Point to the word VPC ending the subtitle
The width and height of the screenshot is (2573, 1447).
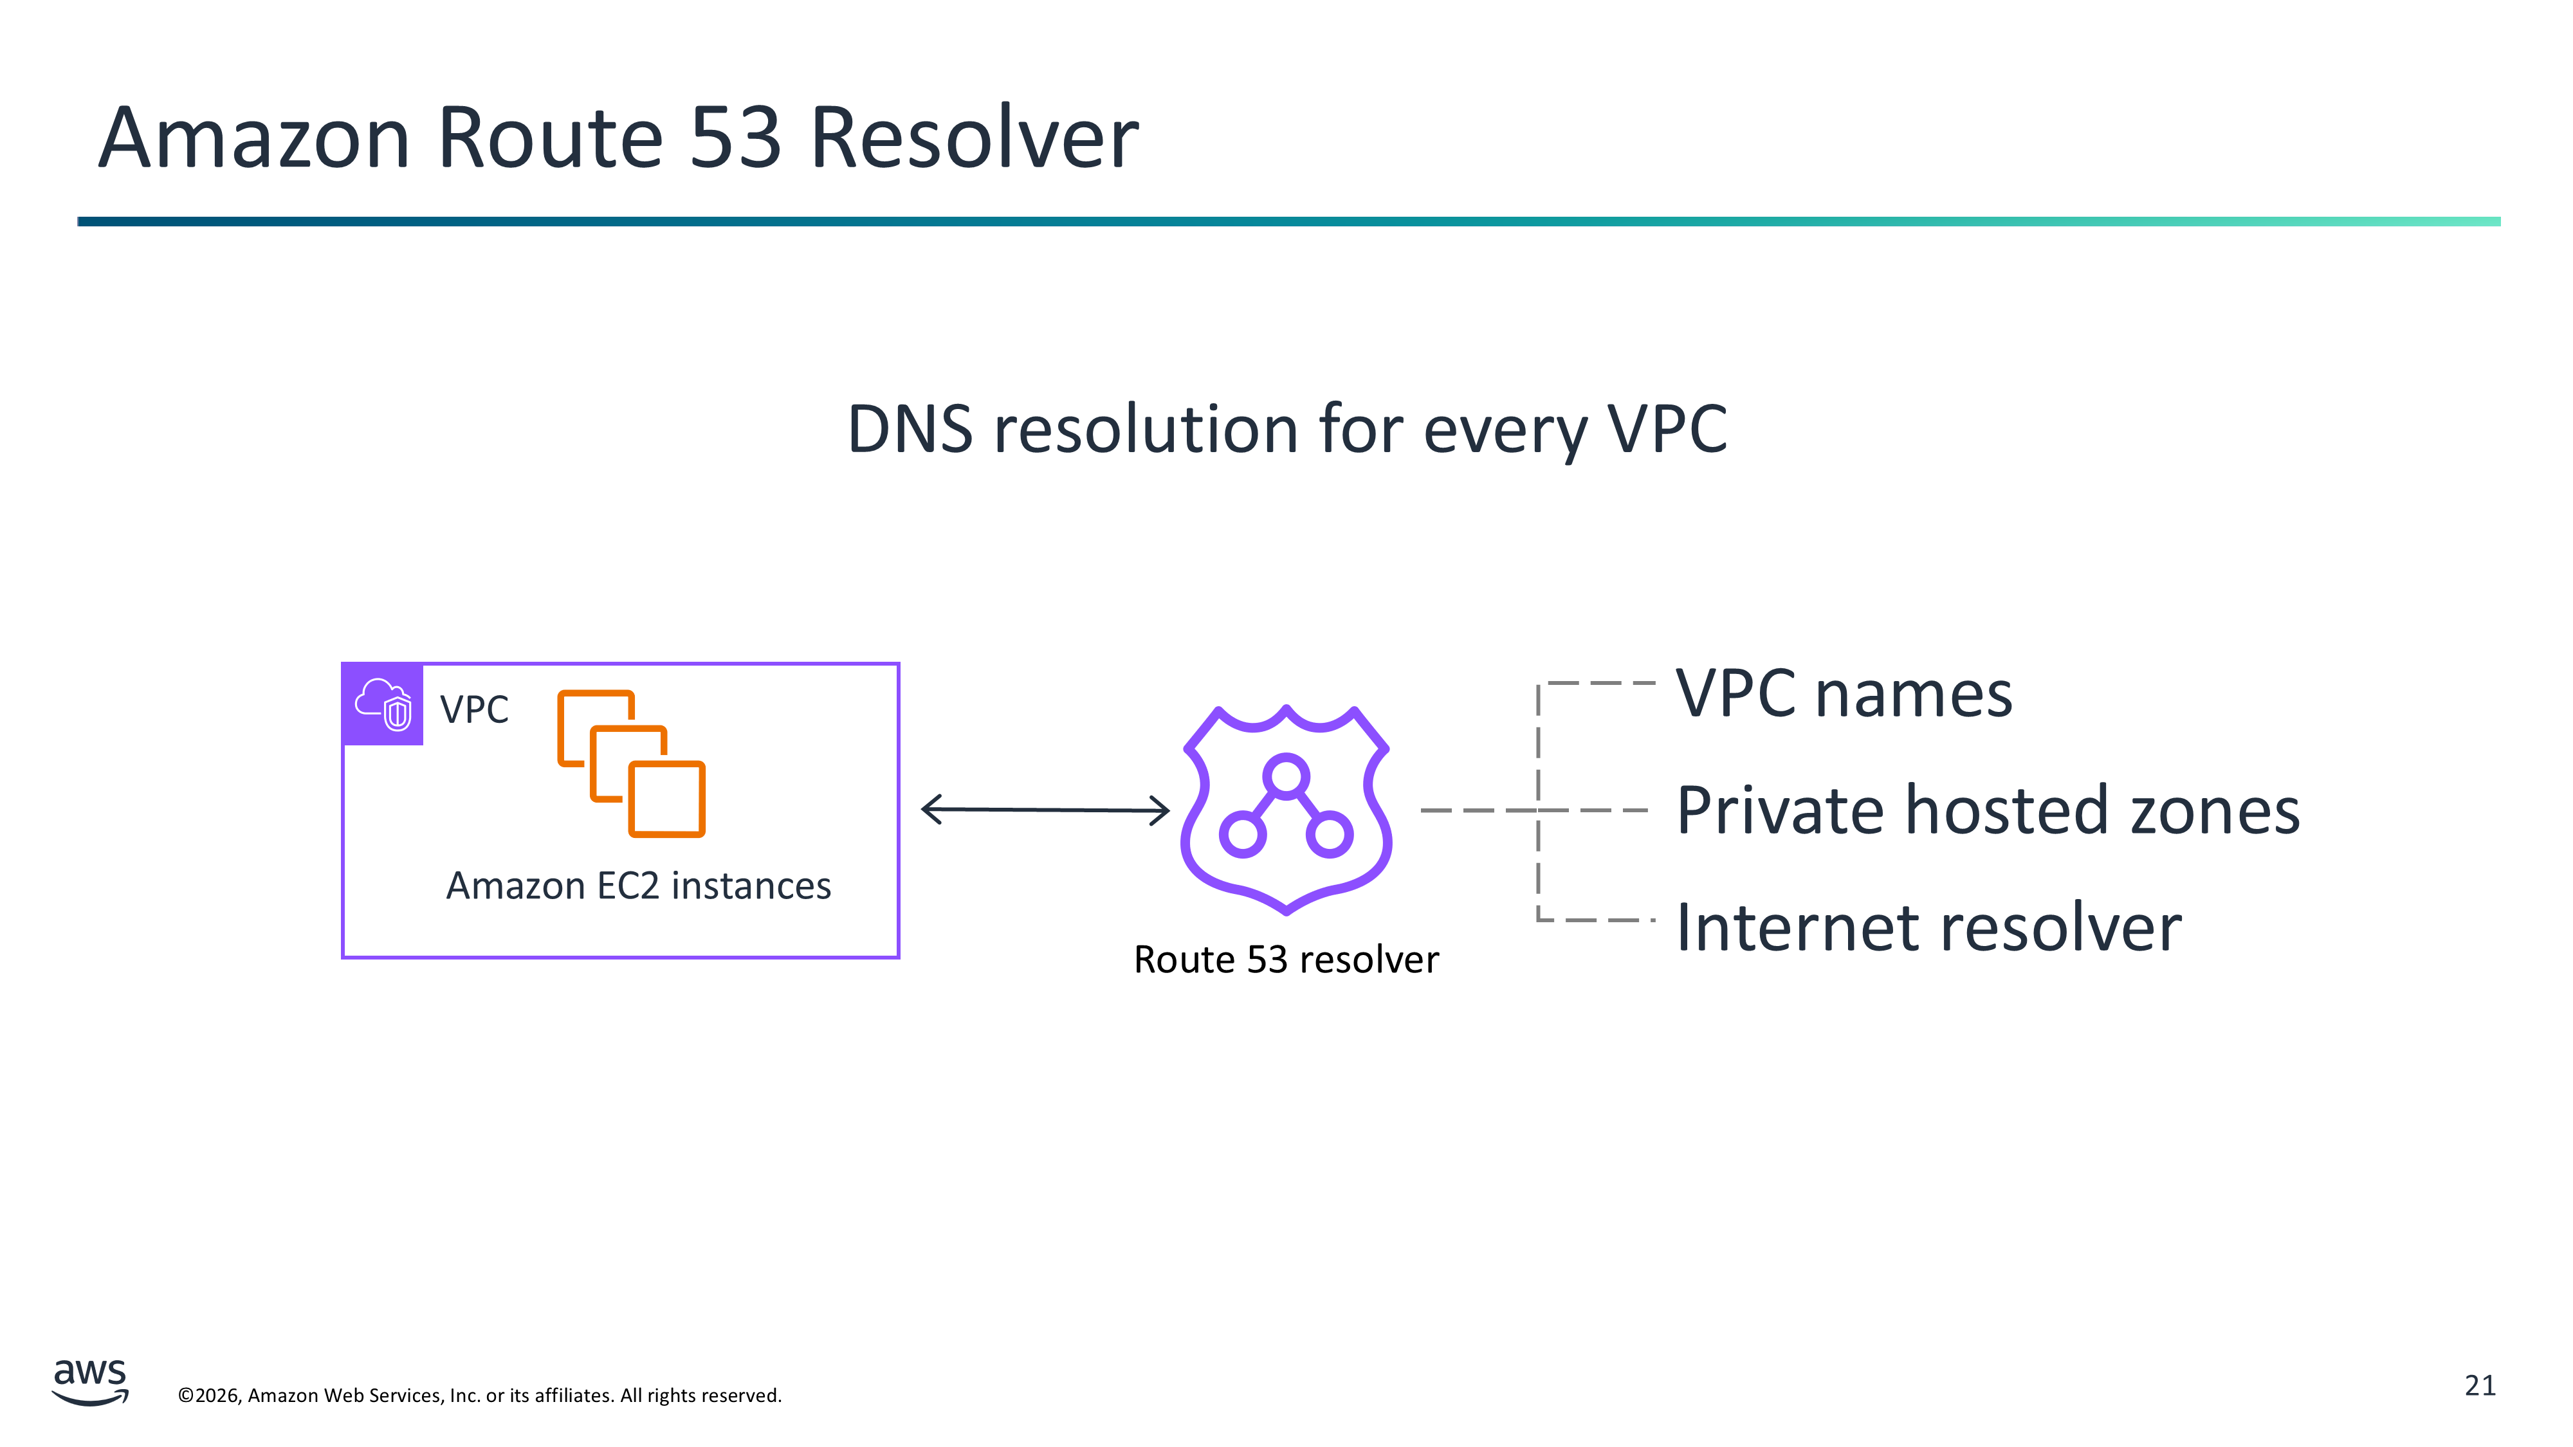(x=1667, y=430)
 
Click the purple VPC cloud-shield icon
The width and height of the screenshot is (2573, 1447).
(x=383, y=704)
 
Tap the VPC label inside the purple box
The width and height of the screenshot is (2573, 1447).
(x=475, y=710)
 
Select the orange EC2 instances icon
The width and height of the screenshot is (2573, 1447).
(x=631, y=764)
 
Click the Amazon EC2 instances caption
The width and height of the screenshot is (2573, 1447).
(x=638, y=886)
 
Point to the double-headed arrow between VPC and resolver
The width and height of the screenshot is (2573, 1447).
(x=1045, y=809)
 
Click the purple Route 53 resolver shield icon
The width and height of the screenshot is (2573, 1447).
(x=1286, y=809)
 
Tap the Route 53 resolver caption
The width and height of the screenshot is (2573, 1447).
(x=1286, y=960)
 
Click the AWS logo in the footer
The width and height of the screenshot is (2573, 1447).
(x=90, y=1382)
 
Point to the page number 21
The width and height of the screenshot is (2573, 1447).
(x=2480, y=1385)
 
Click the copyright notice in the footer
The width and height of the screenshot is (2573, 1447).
(x=479, y=1395)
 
